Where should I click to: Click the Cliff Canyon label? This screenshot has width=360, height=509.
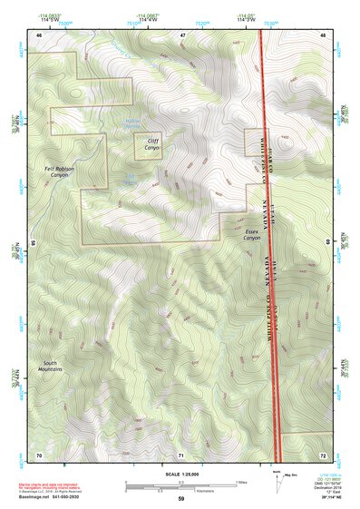pos(149,142)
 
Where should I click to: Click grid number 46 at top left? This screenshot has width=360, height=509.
pos(39,34)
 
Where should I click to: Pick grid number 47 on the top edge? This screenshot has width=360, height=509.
pos(182,34)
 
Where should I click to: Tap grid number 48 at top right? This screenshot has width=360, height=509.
pos(323,34)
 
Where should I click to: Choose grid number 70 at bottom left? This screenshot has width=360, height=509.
pos(39,454)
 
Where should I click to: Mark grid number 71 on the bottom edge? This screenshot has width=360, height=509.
pos(181,454)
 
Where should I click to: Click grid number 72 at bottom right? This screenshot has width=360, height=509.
pos(323,454)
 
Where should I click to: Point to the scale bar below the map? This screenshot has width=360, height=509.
pos(180,487)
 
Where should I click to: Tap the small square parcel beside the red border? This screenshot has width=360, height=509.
pos(253,141)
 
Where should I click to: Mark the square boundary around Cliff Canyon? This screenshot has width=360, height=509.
pos(149,145)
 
